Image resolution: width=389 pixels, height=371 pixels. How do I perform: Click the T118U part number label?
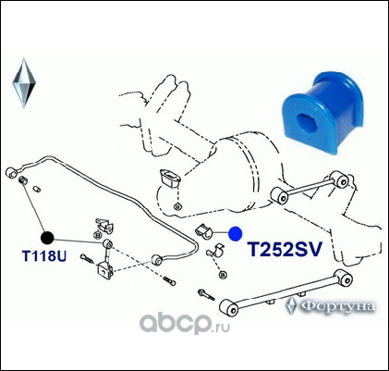tap(44, 256)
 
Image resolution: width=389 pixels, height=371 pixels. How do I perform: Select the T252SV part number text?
tap(286, 249)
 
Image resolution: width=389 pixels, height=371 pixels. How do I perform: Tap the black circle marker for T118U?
tap(47, 238)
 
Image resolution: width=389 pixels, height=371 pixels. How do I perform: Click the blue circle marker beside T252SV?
tap(236, 233)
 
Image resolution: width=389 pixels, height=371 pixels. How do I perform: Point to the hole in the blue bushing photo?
tap(307, 121)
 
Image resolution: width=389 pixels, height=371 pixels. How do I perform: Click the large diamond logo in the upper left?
tap(24, 83)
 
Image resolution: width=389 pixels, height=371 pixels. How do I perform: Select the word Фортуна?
tap(338, 306)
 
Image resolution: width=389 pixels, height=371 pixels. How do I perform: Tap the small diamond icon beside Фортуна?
tap(291, 305)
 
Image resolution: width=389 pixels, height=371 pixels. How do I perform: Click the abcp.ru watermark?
tap(185, 323)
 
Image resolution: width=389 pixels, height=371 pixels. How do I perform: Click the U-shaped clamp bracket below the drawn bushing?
tap(214, 251)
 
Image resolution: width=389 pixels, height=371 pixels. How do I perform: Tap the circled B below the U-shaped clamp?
tap(223, 275)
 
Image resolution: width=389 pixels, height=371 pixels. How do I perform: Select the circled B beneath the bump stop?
tap(177, 207)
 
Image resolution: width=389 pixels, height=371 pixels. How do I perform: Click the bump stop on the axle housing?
tap(170, 179)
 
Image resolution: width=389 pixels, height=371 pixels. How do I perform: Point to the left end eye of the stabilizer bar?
tap(12, 172)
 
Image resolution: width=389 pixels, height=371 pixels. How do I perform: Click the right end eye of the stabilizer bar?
tap(157, 260)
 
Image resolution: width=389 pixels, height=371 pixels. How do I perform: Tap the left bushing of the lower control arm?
tap(229, 308)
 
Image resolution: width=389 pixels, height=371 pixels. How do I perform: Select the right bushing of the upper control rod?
tap(341, 181)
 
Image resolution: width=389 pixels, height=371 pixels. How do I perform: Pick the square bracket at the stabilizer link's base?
tap(105, 271)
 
